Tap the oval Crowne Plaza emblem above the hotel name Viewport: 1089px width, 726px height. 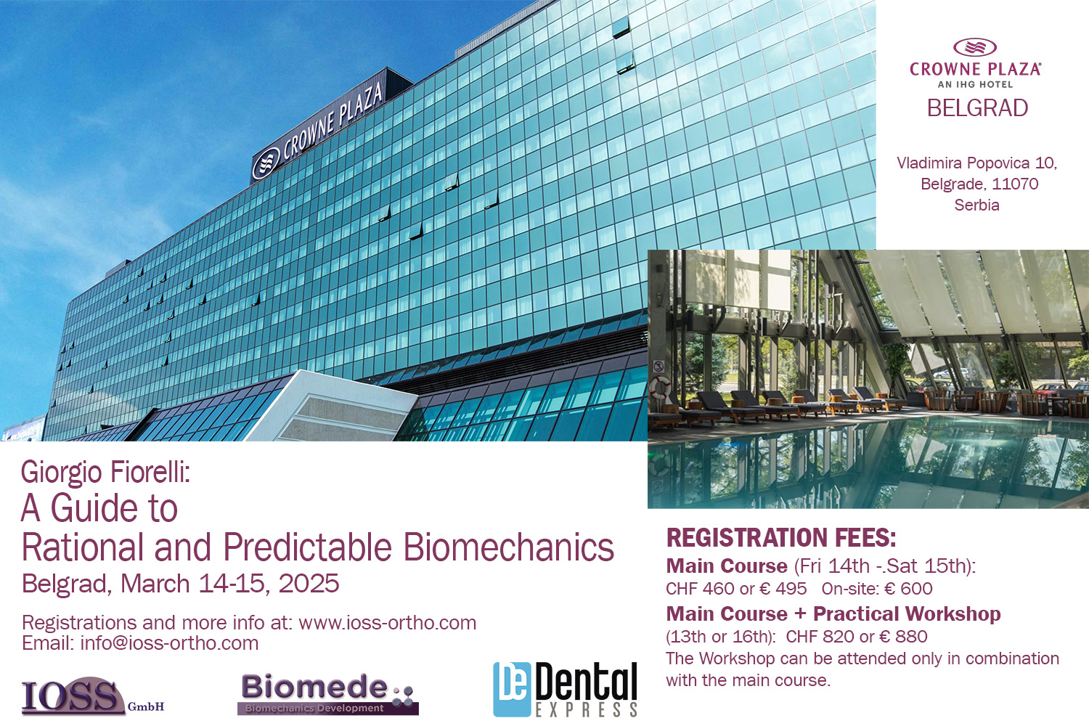coord(975,47)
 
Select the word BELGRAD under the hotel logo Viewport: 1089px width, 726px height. coord(977,108)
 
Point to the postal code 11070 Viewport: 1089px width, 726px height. coord(1015,184)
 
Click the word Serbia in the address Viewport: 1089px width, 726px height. coord(976,205)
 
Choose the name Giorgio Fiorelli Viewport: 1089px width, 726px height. coord(105,472)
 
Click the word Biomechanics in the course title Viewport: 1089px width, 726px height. coord(508,547)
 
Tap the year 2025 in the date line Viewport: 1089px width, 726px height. coord(309,584)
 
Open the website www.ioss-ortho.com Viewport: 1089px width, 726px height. coord(388,623)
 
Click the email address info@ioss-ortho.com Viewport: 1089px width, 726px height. coord(169,643)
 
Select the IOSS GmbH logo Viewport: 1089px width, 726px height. coord(92,697)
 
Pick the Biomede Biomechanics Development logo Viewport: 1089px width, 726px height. coord(328,694)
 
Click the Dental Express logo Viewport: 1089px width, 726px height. coord(565,690)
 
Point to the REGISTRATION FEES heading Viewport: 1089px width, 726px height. coord(780,537)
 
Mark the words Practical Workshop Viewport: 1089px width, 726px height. coord(907,613)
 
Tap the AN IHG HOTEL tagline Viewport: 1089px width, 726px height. coord(975,84)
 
